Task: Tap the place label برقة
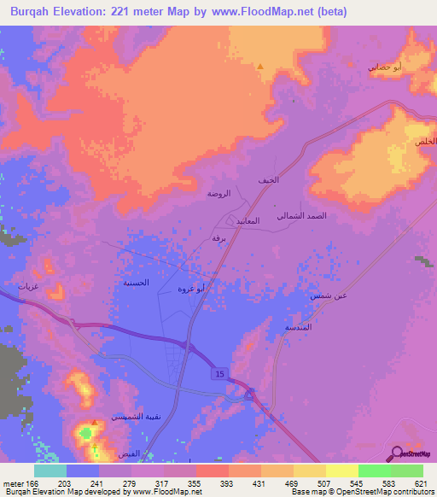[x=218, y=239]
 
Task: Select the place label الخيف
[x=268, y=180]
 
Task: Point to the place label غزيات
[x=31, y=287]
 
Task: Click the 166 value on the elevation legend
[x=32, y=484]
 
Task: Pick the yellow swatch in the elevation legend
[x=341, y=471]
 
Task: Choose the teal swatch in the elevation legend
[x=50, y=471]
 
